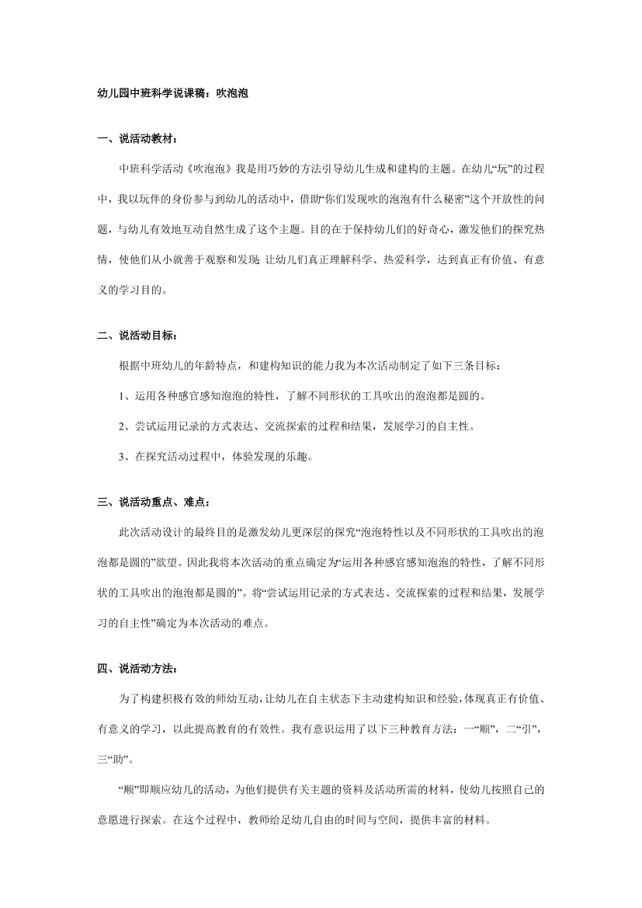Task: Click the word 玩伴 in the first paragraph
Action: pos(149,199)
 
